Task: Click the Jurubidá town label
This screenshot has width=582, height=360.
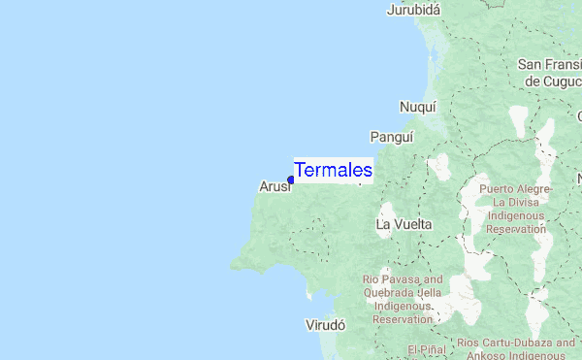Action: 413,10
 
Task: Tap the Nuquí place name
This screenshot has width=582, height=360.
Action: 418,107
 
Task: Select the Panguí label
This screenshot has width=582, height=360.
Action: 392,137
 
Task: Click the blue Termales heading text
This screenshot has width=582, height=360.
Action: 333,170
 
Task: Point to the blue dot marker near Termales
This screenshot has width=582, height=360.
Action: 291,180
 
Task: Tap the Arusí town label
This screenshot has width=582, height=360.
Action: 275,186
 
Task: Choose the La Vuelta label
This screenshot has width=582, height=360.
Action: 404,224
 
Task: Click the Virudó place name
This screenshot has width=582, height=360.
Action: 325,325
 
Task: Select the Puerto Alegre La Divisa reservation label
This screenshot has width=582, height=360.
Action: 516,209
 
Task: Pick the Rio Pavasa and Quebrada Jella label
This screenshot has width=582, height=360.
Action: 403,299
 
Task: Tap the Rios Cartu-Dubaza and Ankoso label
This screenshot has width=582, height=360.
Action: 516,348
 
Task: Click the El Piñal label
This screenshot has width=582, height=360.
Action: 425,349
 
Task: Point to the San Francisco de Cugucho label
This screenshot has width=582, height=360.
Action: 550,73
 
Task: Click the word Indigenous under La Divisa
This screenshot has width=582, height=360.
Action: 517,215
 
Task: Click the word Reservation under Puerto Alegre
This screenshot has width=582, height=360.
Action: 517,229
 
